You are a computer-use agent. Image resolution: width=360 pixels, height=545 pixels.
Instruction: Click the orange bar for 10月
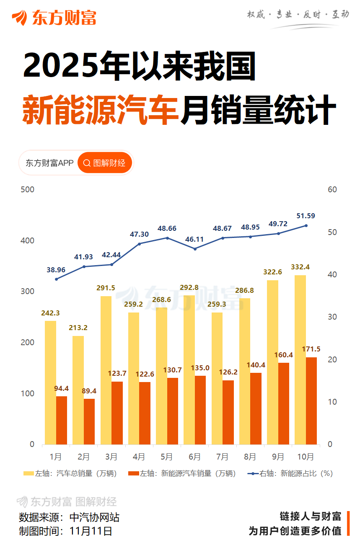coord(311,400)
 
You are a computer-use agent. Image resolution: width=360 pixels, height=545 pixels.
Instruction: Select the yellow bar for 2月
coord(78,390)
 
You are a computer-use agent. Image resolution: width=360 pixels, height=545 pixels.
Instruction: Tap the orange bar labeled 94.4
coord(62,420)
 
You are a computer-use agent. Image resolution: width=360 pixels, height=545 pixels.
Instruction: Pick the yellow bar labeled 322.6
coord(272,362)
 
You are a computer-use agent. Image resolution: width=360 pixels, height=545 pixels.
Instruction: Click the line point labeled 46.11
coord(195,249)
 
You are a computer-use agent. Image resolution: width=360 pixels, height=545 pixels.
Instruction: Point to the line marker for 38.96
coord(56,279)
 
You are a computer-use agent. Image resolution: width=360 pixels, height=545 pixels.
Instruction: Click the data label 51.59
coord(306,216)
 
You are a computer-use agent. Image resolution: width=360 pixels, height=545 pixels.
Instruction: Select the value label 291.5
coord(106,288)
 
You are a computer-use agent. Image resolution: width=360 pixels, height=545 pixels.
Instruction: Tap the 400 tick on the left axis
coord(28,241)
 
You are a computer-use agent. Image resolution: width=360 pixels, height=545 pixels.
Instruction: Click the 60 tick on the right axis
coord(332,190)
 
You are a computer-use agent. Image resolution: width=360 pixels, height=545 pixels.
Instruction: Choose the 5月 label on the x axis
coord(167,457)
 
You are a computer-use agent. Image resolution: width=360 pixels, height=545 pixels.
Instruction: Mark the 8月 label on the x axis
coord(250,457)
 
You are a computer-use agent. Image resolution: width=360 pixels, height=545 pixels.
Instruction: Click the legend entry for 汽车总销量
coord(70,474)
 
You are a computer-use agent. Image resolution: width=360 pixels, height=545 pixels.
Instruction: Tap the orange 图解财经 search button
coord(105,163)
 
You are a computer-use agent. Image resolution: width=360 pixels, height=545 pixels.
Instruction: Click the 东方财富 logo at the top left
coord(54,18)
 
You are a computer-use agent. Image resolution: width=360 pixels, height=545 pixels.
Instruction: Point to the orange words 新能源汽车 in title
coord(101,110)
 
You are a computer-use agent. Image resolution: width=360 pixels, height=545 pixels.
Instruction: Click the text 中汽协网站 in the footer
coord(94,517)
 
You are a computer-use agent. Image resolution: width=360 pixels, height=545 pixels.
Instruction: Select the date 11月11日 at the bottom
coord(91,531)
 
